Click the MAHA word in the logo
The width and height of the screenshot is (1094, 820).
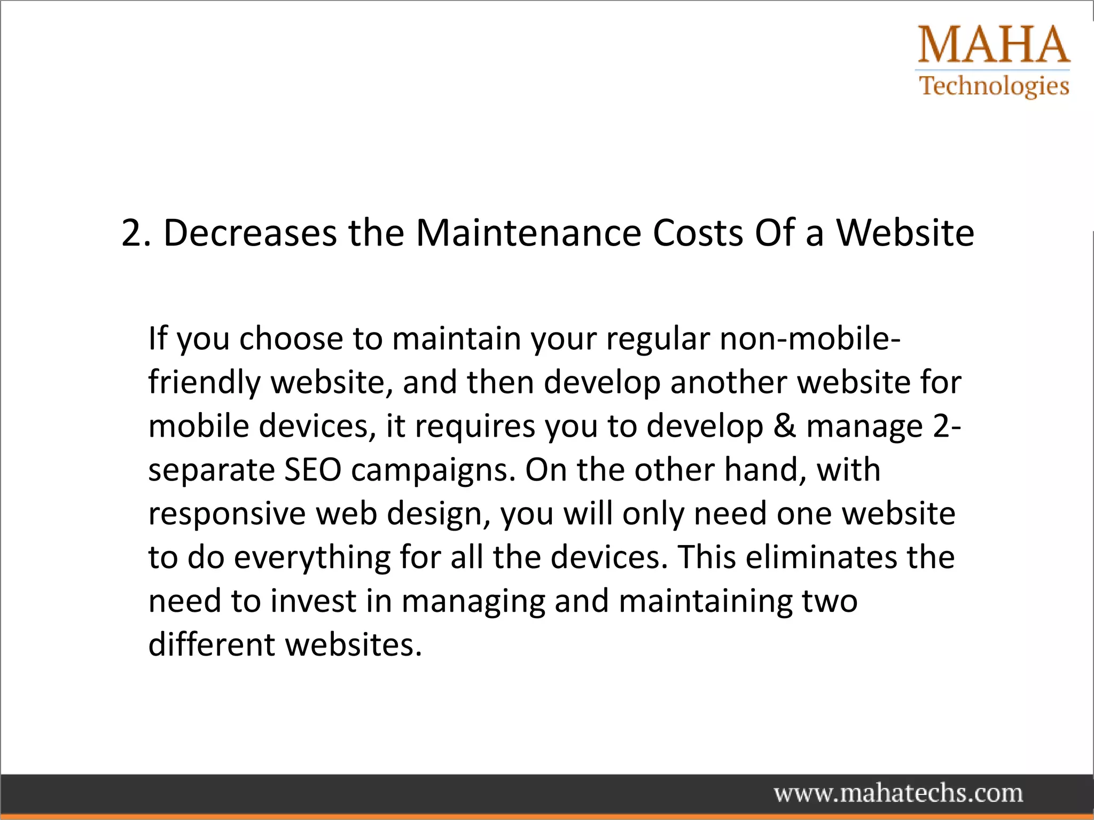pyautogui.click(x=994, y=45)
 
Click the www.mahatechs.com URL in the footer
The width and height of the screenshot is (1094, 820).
pyautogui.click(x=898, y=793)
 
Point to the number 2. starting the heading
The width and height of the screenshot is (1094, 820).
pyautogui.click(x=136, y=233)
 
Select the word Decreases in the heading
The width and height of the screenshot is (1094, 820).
pyautogui.click(x=250, y=233)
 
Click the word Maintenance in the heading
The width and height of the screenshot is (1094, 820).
pyautogui.click(x=528, y=233)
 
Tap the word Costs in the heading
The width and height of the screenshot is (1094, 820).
pyautogui.click(x=698, y=233)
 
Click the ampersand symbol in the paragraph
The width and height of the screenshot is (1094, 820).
pyautogui.click(x=784, y=427)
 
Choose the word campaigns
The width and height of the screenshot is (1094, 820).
pyautogui.click(x=433, y=471)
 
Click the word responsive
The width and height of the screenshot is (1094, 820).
pyautogui.click(x=226, y=514)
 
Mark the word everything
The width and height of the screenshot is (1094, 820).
pyautogui.click(x=312, y=558)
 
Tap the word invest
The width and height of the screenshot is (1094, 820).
pyautogui.click(x=313, y=602)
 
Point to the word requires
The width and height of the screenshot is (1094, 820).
pyautogui.click(x=475, y=428)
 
